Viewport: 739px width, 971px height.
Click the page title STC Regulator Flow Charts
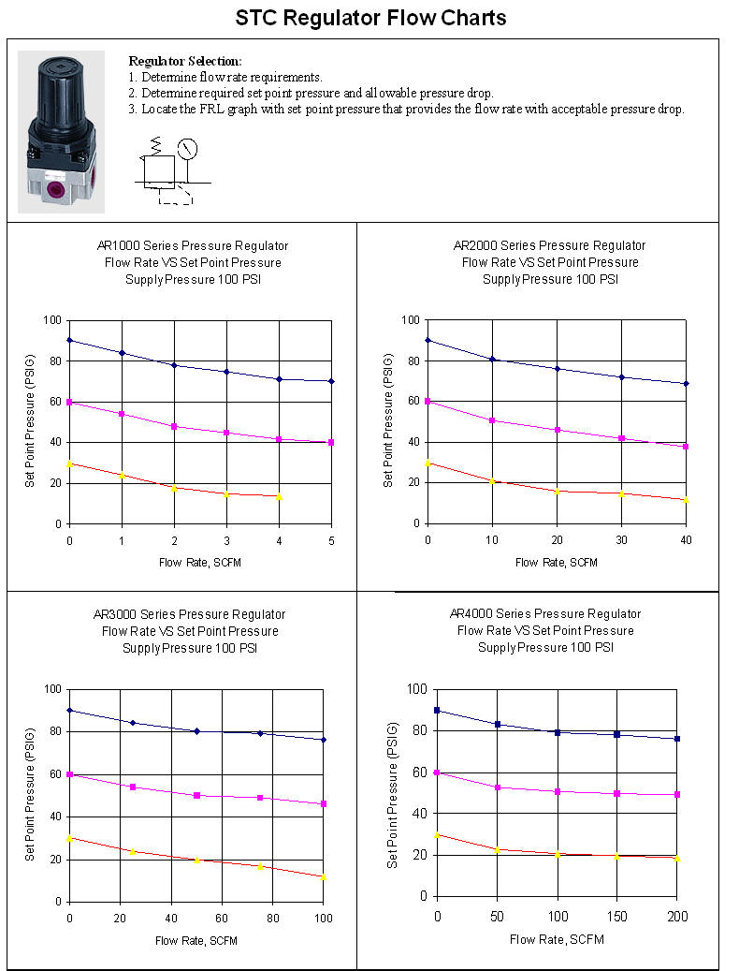[x=369, y=18]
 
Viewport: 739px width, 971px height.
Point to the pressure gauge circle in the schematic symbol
[x=188, y=148]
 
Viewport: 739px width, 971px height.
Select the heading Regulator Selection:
[x=184, y=61]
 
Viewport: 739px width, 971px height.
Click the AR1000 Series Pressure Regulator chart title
[x=193, y=245]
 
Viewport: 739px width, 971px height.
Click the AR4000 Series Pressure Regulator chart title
[x=545, y=614]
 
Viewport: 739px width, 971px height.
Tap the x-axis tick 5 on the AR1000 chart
[x=331, y=540]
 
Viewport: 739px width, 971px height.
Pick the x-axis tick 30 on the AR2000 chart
[x=621, y=540]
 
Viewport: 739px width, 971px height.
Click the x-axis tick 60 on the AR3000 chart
[x=222, y=919]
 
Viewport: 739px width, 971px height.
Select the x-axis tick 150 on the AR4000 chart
[x=617, y=916]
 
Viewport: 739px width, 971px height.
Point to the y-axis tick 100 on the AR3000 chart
[x=52, y=689]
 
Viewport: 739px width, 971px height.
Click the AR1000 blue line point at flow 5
[x=331, y=381]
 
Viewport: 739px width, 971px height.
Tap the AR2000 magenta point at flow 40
[x=686, y=447]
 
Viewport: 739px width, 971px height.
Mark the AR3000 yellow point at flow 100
[x=324, y=877]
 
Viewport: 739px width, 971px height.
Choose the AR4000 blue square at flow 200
[x=677, y=739]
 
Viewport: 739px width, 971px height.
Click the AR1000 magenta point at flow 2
[x=174, y=426]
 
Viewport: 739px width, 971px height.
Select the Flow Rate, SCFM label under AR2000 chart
[x=558, y=562]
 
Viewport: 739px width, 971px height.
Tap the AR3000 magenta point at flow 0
[x=69, y=774]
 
